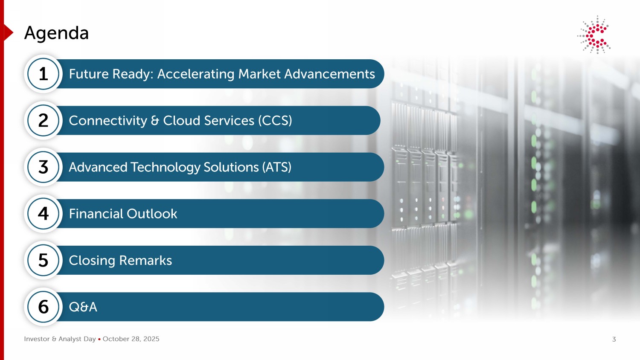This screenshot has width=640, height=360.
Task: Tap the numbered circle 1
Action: pos(43,74)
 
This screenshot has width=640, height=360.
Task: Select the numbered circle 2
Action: pos(43,120)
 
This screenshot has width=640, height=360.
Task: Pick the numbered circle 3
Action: pos(43,167)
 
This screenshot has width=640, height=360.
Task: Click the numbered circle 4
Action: pos(43,213)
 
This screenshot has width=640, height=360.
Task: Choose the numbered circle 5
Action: pos(43,260)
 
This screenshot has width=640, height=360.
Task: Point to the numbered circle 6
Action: pos(43,307)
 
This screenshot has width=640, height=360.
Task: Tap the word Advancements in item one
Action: pos(329,74)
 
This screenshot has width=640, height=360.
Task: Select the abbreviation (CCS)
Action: pos(275,121)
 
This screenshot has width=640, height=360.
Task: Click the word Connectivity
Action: pos(108,121)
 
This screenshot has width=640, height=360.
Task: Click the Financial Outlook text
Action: pos(123,214)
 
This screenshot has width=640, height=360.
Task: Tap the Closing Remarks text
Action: pos(121,261)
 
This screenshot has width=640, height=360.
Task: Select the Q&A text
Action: pos(83,307)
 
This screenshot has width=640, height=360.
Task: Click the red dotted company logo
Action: pos(594,35)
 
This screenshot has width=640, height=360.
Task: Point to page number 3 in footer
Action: pos(614,339)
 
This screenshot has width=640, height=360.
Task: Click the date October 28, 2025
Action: pos(131,339)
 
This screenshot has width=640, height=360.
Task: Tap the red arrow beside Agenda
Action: pos(9,32)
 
